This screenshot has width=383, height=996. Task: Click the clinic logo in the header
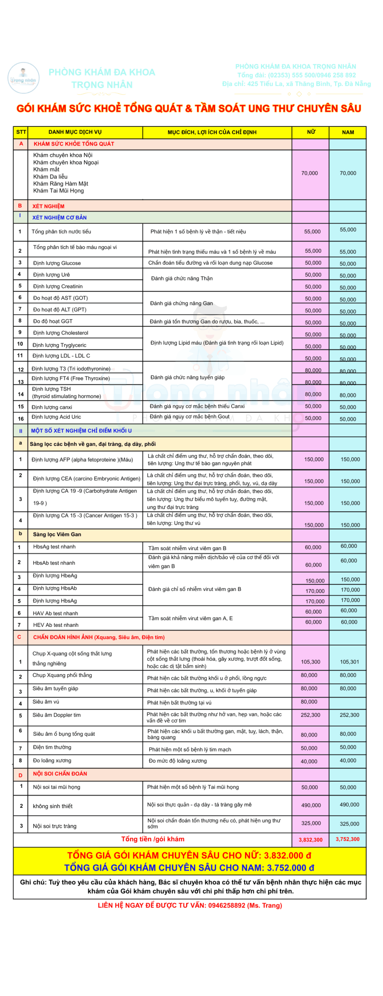point(23,78)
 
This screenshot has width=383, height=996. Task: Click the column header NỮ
point(311,132)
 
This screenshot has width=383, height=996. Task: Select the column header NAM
point(348,132)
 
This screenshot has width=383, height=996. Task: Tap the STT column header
point(21,132)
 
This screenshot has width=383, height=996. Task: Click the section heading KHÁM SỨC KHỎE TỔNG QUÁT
point(74,144)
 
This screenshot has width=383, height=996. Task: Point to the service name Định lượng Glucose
point(57,263)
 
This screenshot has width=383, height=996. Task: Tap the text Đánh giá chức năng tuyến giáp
point(187,377)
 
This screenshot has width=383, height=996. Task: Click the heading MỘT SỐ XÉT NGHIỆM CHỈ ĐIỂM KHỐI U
point(81,431)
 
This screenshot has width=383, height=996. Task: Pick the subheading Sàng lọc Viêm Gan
point(57,534)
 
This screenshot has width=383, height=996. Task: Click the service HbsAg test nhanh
point(54,547)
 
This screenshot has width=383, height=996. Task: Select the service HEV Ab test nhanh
point(55,625)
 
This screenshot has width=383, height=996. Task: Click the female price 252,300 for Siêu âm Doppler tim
point(310,715)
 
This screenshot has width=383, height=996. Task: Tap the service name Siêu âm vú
point(46,702)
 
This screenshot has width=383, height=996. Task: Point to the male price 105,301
point(349,662)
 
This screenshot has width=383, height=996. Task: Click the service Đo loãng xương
point(52,761)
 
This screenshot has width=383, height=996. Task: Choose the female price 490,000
point(311,805)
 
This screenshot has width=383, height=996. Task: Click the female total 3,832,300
point(310,840)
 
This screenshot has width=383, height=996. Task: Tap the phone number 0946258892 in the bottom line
point(226,905)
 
